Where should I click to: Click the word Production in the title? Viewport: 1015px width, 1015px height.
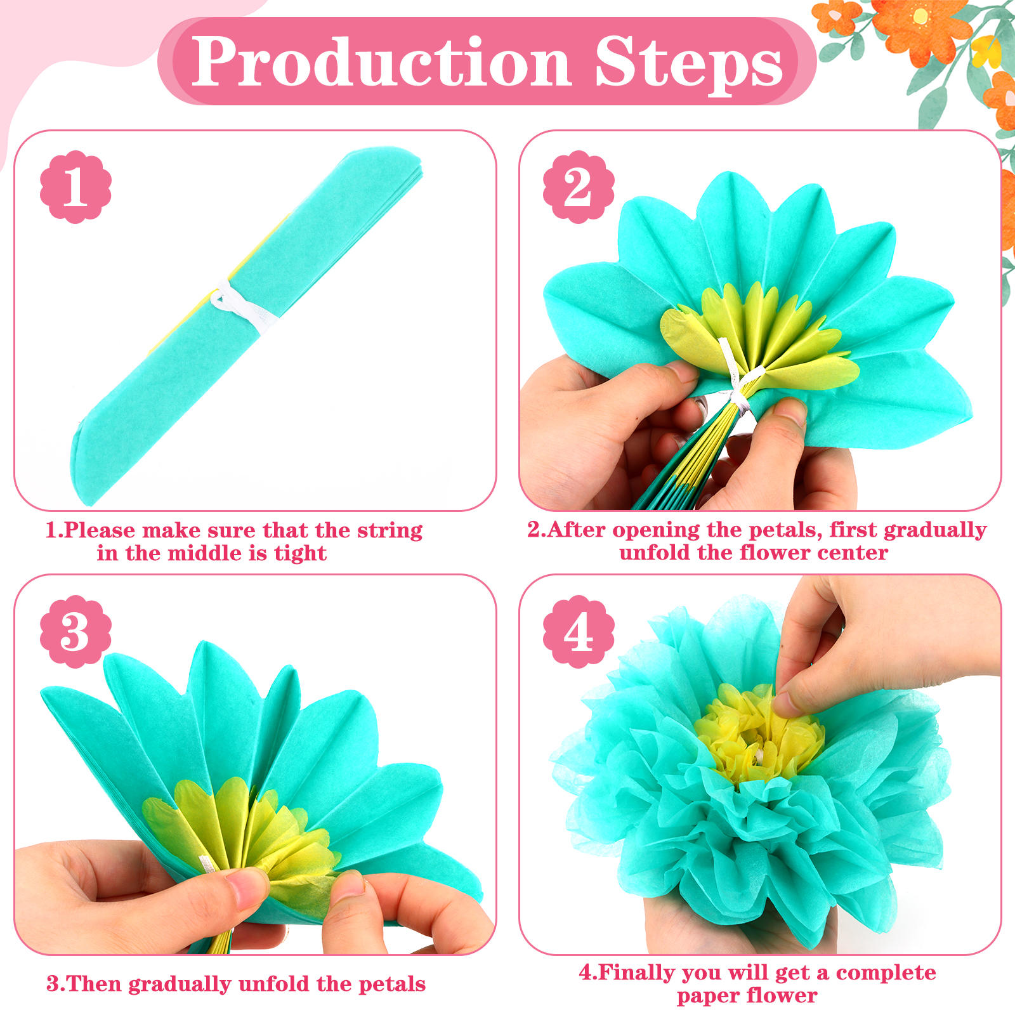(382, 62)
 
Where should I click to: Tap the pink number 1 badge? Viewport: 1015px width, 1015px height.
(75, 187)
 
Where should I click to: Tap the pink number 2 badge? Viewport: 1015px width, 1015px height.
(579, 187)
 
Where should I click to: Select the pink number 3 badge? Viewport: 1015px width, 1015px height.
(75, 631)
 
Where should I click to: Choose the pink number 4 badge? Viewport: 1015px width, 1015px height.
(579, 631)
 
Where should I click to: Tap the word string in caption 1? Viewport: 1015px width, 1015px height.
(390, 531)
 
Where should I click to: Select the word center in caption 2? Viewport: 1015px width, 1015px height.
(852, 553)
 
